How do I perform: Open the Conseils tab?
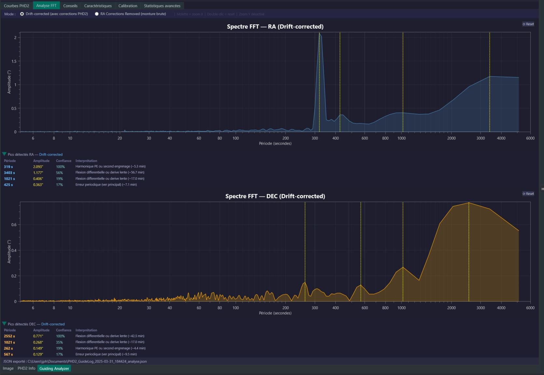pos(70,6)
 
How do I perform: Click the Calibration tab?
pos(128,6)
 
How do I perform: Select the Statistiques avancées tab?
pos(162,6)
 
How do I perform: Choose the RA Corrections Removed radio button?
pos(97,14)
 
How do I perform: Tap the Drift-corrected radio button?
pos(22,14)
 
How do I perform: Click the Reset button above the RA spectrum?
pos(528,24)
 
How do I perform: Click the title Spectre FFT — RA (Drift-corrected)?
pos(275,27)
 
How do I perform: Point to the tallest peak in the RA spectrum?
pos(319,34)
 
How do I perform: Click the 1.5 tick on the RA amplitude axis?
pos(14,61)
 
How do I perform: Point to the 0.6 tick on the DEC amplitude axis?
pos(14,224)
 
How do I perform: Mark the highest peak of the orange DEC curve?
pos(469,203)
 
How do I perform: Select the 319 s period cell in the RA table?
pos(8,167)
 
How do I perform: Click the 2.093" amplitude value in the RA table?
pos(38,167)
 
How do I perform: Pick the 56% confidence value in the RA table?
pos(59,173)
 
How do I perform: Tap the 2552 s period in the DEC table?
pos(9,336)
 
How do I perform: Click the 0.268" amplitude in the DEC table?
pos(38,342)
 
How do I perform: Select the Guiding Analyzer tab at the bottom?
pos(54,368)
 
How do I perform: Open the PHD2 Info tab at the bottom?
pos(26,368)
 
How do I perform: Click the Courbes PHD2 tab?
pos(17,6)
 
